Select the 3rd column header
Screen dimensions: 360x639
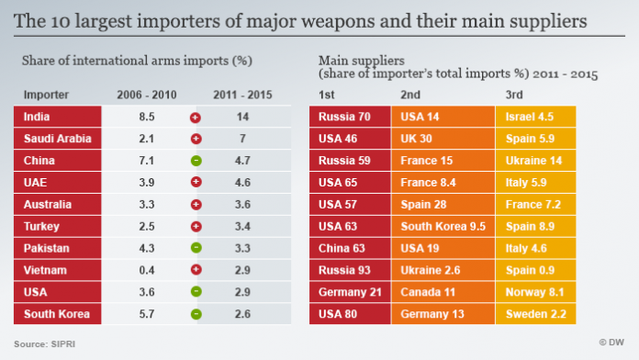pos(515,95)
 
